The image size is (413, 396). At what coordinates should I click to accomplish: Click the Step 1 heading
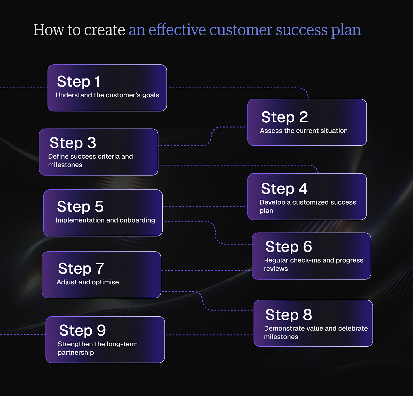(x=78, y=82)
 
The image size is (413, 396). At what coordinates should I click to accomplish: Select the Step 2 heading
(x=284, y=117)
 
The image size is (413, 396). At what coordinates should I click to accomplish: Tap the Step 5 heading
(x=80, y=207)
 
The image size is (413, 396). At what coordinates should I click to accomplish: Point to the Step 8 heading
(x=289, y=315)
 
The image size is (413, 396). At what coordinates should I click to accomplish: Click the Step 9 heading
(x=83, y=331)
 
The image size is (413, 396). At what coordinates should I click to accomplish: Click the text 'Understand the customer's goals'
(x=107, y=95)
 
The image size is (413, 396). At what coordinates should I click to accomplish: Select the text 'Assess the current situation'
(x=304, y=131)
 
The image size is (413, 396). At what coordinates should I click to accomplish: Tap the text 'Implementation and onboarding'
(x=105, y=220)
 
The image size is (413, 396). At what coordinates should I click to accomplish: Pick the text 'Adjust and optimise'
(x=88, y=282)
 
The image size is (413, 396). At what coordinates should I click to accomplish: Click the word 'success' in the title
(x=302, y=30)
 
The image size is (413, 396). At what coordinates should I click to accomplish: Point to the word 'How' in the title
(x=49, y=30)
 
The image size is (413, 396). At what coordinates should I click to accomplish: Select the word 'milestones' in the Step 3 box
(x=65, y=165)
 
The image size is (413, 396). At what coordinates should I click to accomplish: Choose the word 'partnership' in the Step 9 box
(x=76, y=352)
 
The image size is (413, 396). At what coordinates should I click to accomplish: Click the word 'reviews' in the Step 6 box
(x=276, y=269)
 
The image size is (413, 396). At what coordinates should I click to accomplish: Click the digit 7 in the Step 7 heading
(x=100, y=268)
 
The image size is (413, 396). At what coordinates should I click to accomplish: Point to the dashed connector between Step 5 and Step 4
(x=205, y=206)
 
